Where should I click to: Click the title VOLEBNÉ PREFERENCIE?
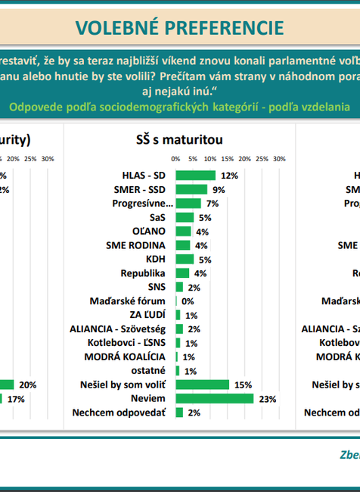click(x=180, y=28)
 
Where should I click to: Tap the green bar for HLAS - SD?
click(x=196, y=176)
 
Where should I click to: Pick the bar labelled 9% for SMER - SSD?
click(x=191, y=189)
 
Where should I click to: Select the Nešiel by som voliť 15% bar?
click(x=202, y=385)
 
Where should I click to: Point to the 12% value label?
click(x=230, y=176)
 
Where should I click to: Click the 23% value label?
click(x=268, y=398)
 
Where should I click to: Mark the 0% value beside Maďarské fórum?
click(x=188, y=301)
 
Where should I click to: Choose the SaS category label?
click(x=158, y=217)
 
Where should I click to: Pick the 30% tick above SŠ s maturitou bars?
click(x=278, y=159)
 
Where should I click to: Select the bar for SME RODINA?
click(x=182, y=245)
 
